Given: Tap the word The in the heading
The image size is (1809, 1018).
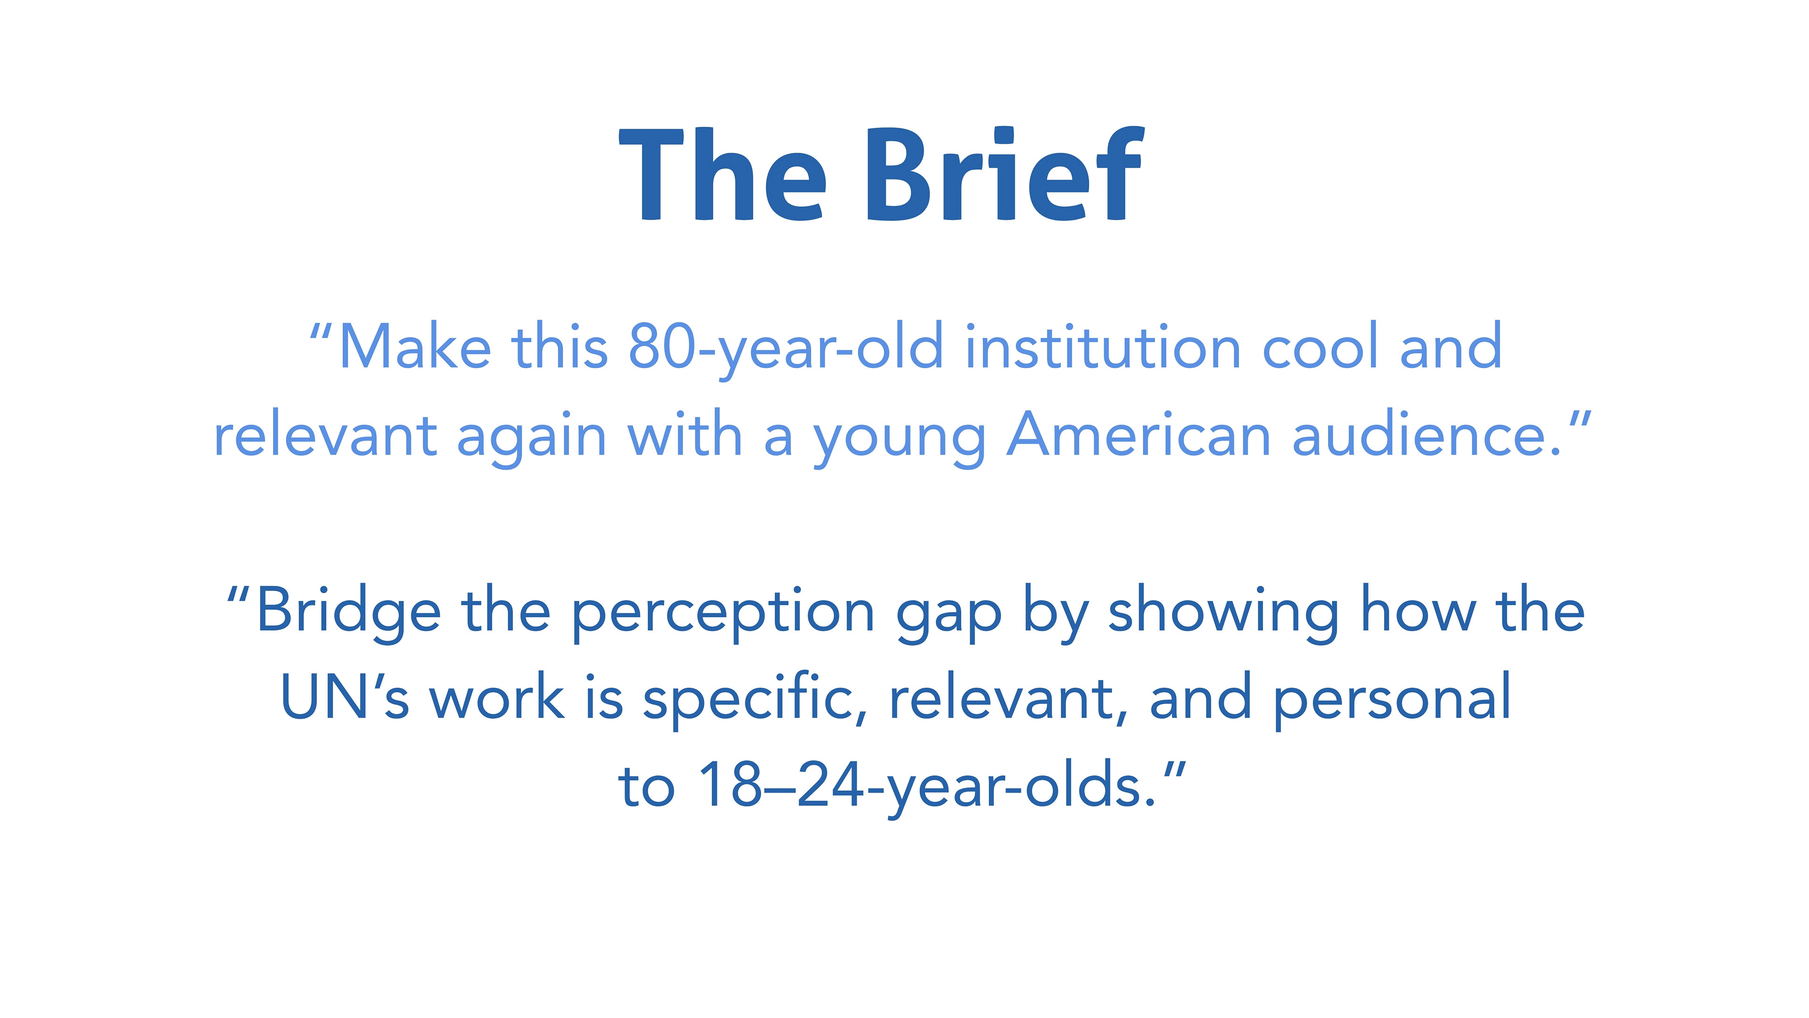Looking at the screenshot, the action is [723, 174].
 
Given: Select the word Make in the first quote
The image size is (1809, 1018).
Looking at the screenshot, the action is [415, 346].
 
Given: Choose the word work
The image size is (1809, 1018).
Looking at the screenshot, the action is [497, 696].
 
